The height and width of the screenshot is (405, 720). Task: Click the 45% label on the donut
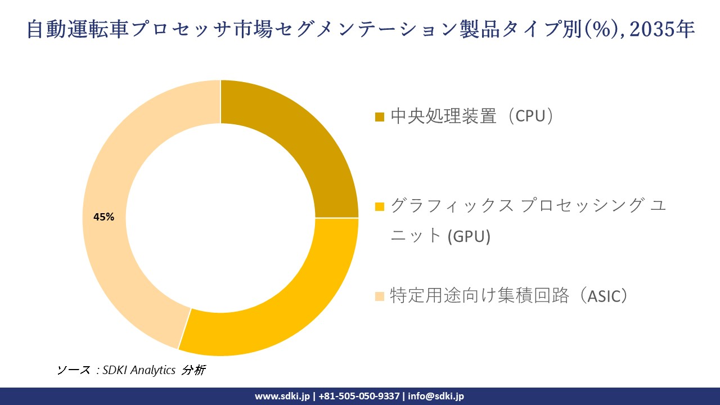click(103, 217)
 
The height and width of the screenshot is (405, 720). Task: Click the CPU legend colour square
click(380, 117)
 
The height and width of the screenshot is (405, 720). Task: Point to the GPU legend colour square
click(380, 206)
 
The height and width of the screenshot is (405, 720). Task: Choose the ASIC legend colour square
click(380, 296)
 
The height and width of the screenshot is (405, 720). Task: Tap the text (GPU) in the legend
click(469, 236)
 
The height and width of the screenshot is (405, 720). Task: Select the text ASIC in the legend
click(605, 296)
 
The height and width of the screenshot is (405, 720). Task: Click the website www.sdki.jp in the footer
click(282, 396)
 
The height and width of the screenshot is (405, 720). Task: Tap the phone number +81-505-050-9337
click(359, 396)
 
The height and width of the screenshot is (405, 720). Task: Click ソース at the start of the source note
click(74, 370)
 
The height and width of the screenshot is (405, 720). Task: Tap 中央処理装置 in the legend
click(444, 116)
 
